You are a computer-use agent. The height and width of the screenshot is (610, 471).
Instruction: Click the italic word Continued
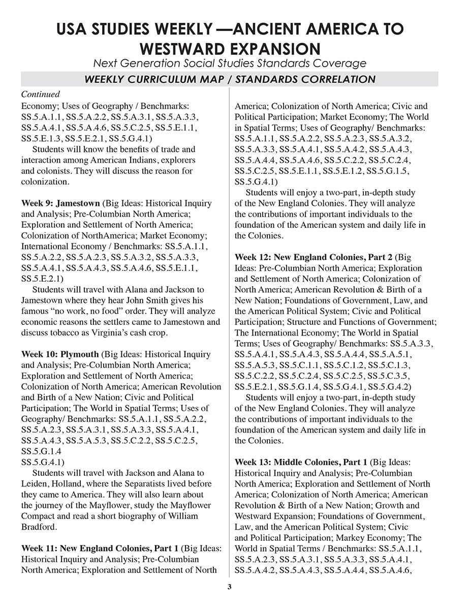41,95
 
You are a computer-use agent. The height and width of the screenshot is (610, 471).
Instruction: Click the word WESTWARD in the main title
185,49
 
